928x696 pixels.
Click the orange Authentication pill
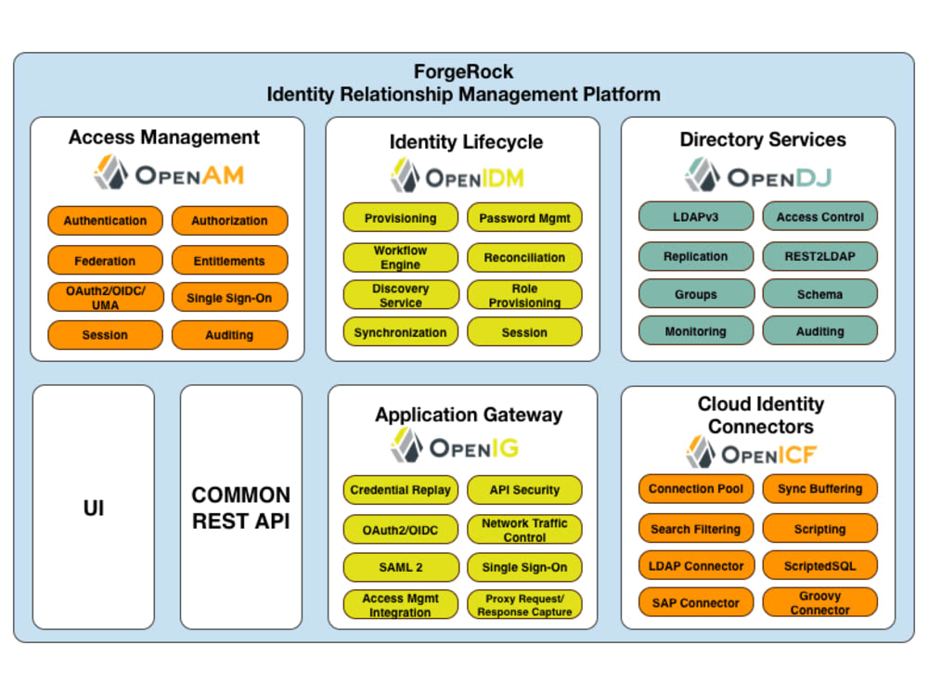click(105, 221)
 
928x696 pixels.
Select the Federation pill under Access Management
click(105, 261)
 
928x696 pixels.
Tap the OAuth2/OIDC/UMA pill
click(105, 298)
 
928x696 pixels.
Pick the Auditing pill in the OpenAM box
click(229, 335)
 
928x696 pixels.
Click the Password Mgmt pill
click(524, 218)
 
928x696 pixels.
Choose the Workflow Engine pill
click(400, 257)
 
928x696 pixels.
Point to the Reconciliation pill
click(524, 257)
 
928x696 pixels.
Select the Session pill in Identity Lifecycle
click(524, 332)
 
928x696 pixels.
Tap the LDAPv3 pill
click(696, 217)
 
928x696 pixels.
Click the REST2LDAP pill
click(819, 256)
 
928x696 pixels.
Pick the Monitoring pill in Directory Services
click(696, 331)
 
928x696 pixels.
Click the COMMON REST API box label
click(241, 508)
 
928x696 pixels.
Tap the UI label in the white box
click(94, 509)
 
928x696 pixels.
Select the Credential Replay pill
click(400, 490)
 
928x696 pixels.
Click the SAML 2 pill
click(400, 567)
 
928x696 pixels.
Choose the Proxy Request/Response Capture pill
click(524, 605)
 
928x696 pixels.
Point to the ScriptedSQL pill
click(819, 565)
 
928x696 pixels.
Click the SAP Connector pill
click(696, 602)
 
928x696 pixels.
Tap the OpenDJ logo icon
click(702, 175)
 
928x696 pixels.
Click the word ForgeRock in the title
click(463, 72)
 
